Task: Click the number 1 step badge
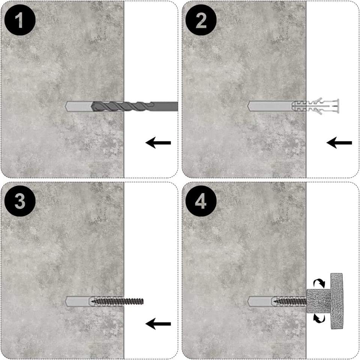click(20, 20)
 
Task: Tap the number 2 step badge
click(201, 20)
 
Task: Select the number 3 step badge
click(20, 201)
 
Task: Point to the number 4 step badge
click(201, 201)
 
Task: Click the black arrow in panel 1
click(158, 143)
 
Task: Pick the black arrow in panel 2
click(339, 143)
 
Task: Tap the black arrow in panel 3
click(158, 324)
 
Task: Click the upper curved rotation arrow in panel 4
click(319, 283)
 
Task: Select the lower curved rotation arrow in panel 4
click(319, 319)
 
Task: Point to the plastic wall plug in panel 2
click(315, 106)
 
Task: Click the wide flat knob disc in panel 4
click(337, 301)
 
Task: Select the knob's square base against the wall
click(319, 301)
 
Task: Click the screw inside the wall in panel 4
click(290, 301)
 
